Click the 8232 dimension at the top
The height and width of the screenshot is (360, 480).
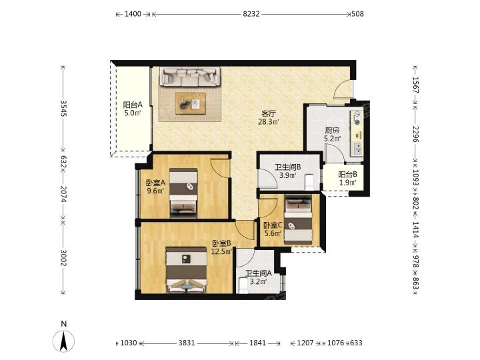point(251,14)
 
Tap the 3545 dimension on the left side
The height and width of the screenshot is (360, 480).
point(63,109)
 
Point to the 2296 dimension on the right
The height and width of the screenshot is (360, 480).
point(415,134)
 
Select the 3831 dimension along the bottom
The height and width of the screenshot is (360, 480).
point(187,343)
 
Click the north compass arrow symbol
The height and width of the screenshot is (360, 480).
point(64,341)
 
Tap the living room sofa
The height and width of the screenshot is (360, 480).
point(189,77)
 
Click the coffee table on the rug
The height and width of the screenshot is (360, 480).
point(191,103)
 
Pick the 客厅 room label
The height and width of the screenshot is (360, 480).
point(269,113)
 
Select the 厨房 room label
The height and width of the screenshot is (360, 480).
point(332,131)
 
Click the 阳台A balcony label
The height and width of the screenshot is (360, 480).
point(133,105)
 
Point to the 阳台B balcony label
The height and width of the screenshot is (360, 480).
point(347,175)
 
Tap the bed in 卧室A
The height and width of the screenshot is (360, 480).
point(183,193)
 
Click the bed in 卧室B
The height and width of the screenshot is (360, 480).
point(187,270)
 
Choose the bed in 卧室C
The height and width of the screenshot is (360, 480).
point(298,221)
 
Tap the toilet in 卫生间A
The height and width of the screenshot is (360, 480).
point(243,285)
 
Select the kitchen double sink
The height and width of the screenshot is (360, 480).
point(357,149)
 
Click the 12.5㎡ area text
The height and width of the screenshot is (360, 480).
point(221,251)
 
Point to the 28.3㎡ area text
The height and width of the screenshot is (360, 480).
point(269,122)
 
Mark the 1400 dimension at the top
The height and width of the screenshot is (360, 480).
point(133,14)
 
